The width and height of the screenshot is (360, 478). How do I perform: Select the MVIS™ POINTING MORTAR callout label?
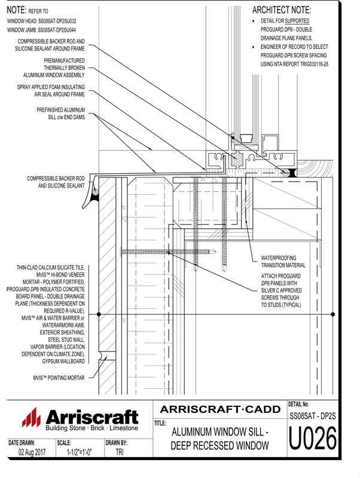click(x=58, y=377)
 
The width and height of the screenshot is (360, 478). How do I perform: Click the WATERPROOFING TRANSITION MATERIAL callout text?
click(x=283, y=262)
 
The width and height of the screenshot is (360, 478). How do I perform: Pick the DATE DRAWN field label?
click(x=22, y=443)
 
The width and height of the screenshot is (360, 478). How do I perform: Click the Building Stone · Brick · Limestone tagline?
click(x=91, y=428)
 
